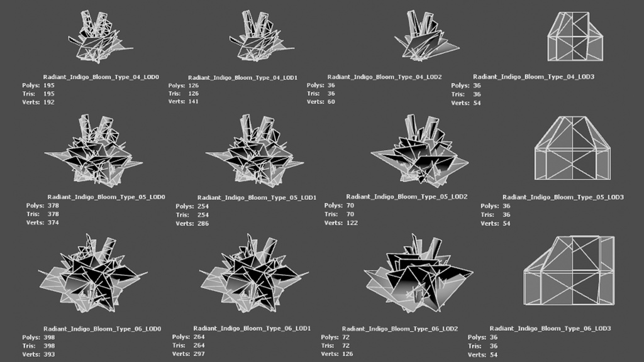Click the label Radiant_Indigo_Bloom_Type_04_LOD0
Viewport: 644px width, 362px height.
tap(101, 77)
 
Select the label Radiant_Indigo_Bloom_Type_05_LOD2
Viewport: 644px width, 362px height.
tap(407, 197)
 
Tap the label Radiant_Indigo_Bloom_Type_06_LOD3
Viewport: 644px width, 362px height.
tap(550, 328)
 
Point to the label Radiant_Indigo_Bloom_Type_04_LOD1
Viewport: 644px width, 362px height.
tap(243, 77)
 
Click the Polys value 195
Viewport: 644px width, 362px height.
tap(49, 85)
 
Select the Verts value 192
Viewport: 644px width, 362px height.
tap(49, 102)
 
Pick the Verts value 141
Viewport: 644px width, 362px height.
tap(193, 101)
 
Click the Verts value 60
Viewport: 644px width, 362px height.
tap(331, 102)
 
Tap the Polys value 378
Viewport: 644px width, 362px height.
tap(53, 206)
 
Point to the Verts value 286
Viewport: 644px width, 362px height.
tap(203, 224)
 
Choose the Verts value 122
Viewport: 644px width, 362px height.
tap(352, 223)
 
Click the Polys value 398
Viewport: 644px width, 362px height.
tap(49, 337)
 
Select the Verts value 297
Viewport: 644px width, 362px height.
tap(199, 354)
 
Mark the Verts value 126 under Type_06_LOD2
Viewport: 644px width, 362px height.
tap(347, 354)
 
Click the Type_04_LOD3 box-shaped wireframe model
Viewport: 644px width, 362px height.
tap(575, 36)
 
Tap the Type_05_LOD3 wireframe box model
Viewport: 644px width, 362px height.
tap(572, 148)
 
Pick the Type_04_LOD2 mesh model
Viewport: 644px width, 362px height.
tap(426, 36)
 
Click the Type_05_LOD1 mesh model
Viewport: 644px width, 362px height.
tap(255, 151)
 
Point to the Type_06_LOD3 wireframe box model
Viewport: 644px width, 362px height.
tap(569, 270)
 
